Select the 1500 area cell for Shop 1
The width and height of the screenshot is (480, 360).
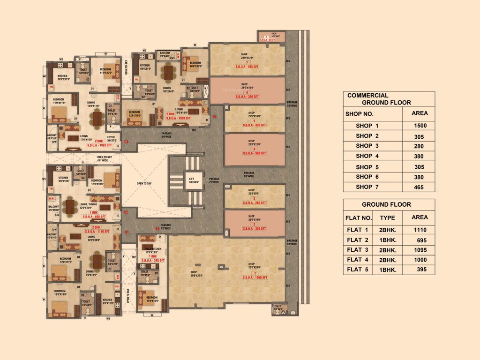tap(419, 126)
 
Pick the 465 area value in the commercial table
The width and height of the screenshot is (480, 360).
tap(419, 187)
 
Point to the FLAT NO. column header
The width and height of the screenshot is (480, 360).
tap(359, 218)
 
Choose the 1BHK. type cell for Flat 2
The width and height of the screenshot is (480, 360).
tap(388, 240)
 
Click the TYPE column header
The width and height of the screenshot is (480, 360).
tap(387, 218)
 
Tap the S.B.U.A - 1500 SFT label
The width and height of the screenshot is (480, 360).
tap(254, 277)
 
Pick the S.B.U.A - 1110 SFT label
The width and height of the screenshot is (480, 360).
tap(97, 232)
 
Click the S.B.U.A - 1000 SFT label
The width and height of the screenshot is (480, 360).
tap(178, 118)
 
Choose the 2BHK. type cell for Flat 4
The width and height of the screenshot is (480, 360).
tap(388, 260)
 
